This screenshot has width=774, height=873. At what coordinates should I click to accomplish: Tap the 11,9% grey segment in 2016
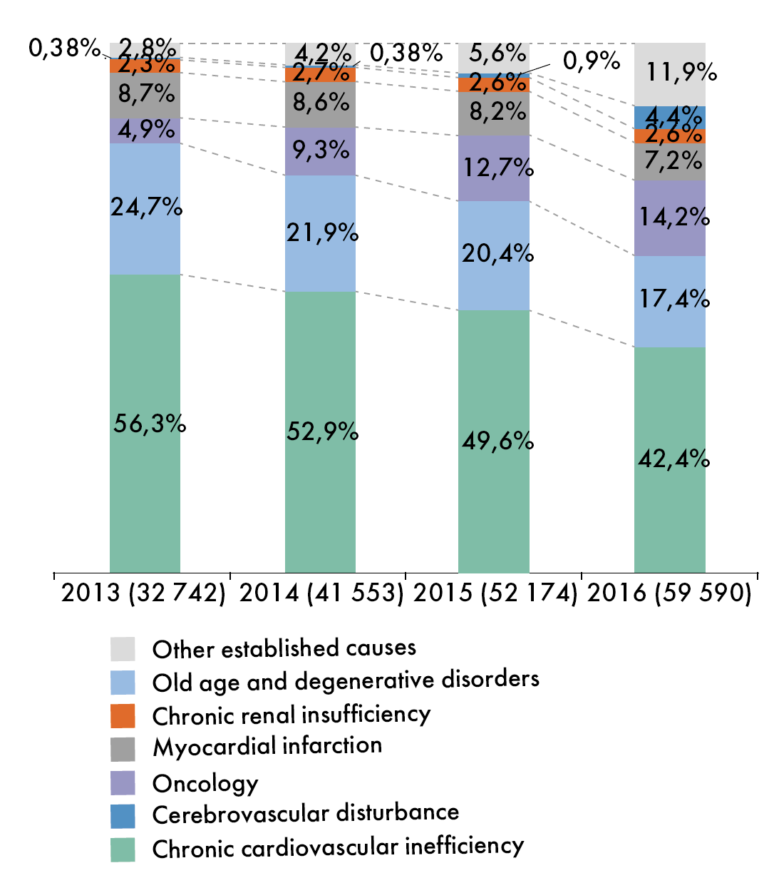[670, 74]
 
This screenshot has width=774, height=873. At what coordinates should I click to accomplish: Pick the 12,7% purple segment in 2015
[494, 168]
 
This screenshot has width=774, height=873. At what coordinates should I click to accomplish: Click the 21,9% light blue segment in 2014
[320, 233]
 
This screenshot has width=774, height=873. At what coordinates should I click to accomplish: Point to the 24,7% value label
[146, 207]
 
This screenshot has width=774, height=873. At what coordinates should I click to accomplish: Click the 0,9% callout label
[592, 61]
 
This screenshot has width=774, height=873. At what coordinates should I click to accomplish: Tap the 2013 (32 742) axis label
[143, 594]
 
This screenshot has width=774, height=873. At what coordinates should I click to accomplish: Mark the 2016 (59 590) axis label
[669, 594]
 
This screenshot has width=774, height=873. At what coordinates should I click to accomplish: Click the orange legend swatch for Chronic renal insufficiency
[123, 715]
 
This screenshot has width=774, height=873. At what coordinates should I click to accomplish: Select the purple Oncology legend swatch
[123, 782]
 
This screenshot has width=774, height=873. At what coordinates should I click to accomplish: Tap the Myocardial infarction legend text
[267, 747]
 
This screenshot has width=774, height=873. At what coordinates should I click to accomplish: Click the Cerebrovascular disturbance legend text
[306, 814]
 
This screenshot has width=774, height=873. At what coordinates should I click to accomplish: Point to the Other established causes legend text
[284, 648]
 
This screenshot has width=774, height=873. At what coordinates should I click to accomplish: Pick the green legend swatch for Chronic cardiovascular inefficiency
[123, 849]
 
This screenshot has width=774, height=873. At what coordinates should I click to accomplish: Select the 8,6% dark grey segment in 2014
[320, 104]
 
